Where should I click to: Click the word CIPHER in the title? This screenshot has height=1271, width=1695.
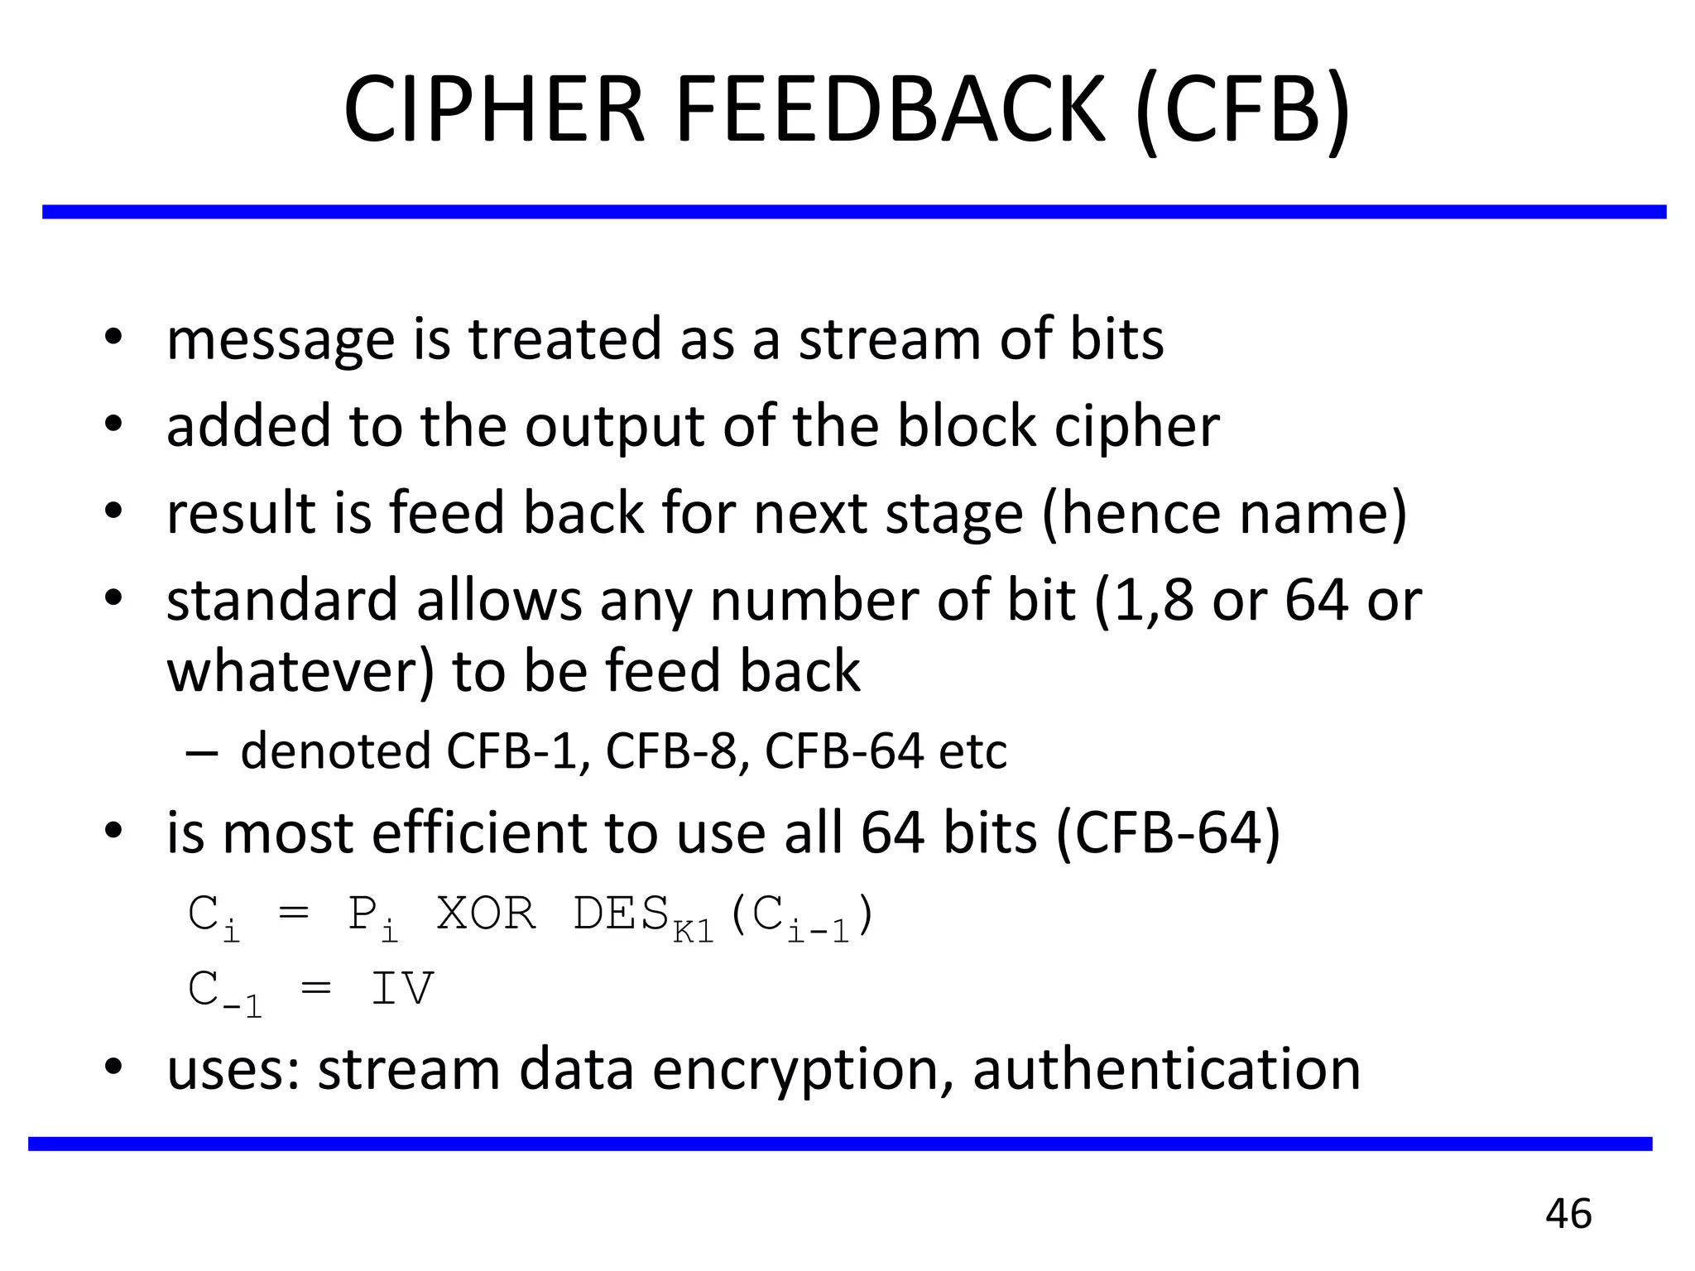[x=493, y=110]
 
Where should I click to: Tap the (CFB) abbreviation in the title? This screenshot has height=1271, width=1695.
[x=1244, y=110]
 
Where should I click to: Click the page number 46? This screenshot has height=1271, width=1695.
[x=1568, y=1214]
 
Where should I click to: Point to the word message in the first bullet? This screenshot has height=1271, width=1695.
[x=281, y=340]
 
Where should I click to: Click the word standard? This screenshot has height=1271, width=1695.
[x=282, y=600]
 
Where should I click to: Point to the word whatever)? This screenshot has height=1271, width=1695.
[x=300, y=670]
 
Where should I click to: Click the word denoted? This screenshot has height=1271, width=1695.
[x=335, y=751]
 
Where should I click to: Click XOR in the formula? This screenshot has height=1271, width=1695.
[x=486, y=914]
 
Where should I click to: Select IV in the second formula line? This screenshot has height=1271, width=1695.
[x=401, y=988]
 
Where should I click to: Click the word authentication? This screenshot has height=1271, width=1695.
[x=1166, y=1069]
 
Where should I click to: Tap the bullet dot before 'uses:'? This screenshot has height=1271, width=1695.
[x=113, y=1066]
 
